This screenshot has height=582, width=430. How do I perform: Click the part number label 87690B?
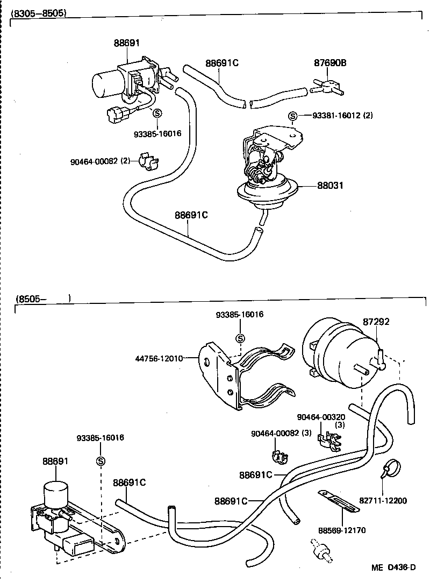coord(330,63)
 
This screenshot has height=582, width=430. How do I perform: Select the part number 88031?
coord(330,186)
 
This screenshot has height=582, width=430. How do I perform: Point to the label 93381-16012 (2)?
coord(341,116)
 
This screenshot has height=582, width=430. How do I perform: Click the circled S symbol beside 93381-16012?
coord(293,116)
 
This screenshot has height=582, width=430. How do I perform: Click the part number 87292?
coord(376,322)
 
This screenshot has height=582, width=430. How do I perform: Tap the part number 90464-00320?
coord(321,417)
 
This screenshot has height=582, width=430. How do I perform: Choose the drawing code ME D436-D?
coord(395,567)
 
